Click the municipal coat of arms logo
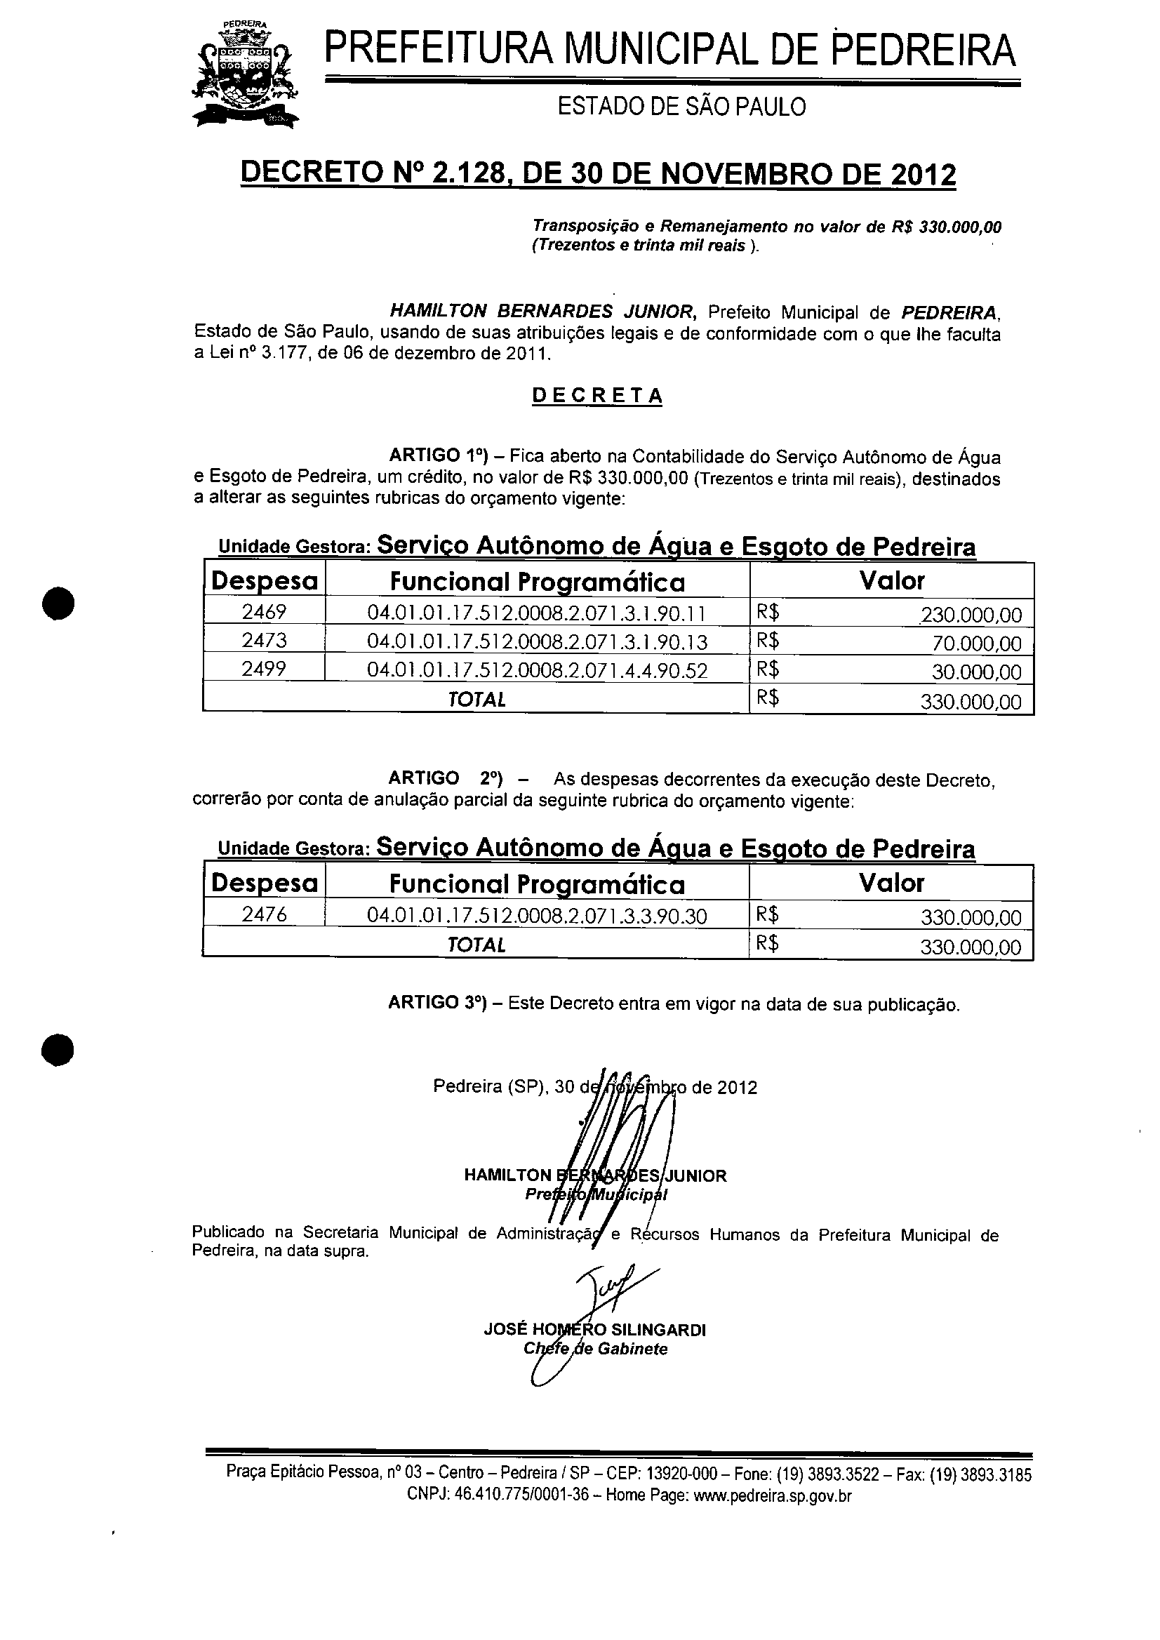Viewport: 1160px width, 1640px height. [244, 74]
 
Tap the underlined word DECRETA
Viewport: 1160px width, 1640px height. [597, 396]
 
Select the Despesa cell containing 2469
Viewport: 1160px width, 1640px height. [264, 612]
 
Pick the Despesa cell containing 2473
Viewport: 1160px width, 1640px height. [264, 640]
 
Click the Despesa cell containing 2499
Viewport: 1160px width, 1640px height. [264, 669]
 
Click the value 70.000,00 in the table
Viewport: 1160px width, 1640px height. [976, 644]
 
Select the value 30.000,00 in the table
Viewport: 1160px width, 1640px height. [976, 672]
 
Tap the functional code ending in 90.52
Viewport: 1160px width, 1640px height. [537, 670]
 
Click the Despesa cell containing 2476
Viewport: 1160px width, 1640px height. [264, 914]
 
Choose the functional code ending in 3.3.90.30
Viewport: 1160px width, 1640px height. [537, 916]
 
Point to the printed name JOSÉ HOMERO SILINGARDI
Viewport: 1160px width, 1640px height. [594, 1329]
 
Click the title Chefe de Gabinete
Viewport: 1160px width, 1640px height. [595, 1349]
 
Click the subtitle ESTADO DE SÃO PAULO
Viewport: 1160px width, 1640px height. [681, 107]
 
